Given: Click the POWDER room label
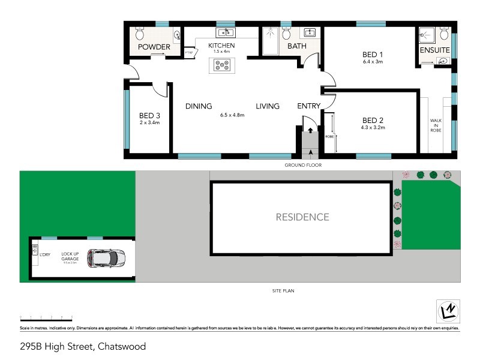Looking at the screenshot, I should tap(154, 47).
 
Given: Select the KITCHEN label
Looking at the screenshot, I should tap(221, 46).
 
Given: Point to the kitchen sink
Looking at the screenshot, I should tap(226, 32).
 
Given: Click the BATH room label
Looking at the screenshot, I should tap(297, 46).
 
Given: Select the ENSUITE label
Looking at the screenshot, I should tap(435, 50).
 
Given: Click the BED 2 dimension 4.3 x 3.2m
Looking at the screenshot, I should tap(373, 127).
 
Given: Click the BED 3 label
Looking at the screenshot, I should tap(149, 116).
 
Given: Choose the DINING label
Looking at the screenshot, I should tap(199, 106).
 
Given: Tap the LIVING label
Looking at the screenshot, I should tap(268, 106).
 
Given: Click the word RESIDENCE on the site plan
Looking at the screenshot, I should tap(302, 217).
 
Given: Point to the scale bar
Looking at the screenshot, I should tap(46, 316).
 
